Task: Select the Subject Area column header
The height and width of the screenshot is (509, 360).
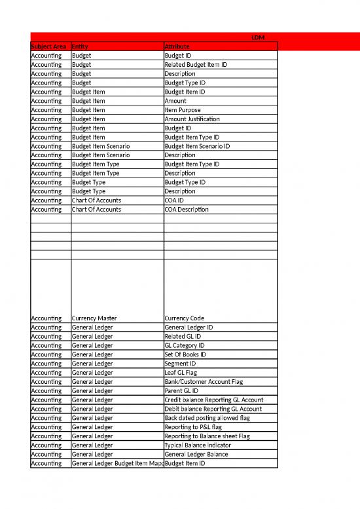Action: pos(50,47)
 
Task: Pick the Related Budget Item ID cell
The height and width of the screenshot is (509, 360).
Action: pos(196,65)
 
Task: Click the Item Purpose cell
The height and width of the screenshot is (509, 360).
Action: pos(183,110)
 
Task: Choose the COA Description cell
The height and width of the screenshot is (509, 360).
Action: pos(187,210)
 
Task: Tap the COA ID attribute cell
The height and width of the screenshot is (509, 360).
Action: pos(175,200)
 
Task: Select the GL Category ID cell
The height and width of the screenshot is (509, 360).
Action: pos(185,345)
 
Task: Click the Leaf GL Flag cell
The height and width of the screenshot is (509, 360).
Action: pos(181,373)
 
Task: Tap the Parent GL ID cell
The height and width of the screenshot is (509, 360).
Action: pos(181,391)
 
